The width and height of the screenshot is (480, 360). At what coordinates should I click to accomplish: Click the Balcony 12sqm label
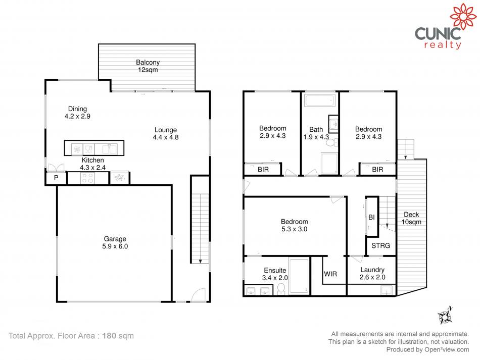click(x=148, y=66)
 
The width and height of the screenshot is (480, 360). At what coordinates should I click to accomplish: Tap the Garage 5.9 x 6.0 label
click(x=115, y=242)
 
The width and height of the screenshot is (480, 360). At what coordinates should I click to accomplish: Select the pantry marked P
click(x=56, y=178)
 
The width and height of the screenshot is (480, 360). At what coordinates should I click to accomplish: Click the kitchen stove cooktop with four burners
click(x=87, y=178)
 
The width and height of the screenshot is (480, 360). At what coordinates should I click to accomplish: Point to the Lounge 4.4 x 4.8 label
click(x=166, y=134)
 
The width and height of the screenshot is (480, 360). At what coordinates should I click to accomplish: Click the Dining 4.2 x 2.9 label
click(x=77, y=113)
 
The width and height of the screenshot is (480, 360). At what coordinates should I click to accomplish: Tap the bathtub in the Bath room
click(x=320, y=100)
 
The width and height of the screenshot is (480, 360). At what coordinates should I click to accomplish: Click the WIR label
click(x=330, y=274)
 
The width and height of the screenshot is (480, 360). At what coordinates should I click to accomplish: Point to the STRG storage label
click(x=380, y=245)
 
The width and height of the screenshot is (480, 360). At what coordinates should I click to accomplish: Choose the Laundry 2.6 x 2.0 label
click(x=372, y=274)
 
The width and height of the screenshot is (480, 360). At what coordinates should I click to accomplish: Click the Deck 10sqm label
click(x=411, y=219)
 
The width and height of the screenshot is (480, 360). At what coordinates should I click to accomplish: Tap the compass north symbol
click(x=446, y=316)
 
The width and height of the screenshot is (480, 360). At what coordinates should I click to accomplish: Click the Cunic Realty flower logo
click(x=463, y=17)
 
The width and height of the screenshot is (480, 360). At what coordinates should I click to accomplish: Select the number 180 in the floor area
click(x=109, y=336)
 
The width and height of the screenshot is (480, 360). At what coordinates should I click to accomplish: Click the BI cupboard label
click(x=371, y=218)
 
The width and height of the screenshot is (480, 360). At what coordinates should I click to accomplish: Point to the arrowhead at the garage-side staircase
click(x=200, y=261)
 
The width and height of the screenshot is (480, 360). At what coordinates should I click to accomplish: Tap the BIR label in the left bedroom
click(x=263, y=170)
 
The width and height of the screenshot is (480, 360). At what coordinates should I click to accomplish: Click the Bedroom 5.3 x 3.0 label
click(x=294, y=225)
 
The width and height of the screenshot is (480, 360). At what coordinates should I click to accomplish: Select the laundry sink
click(x=387, y=290)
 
